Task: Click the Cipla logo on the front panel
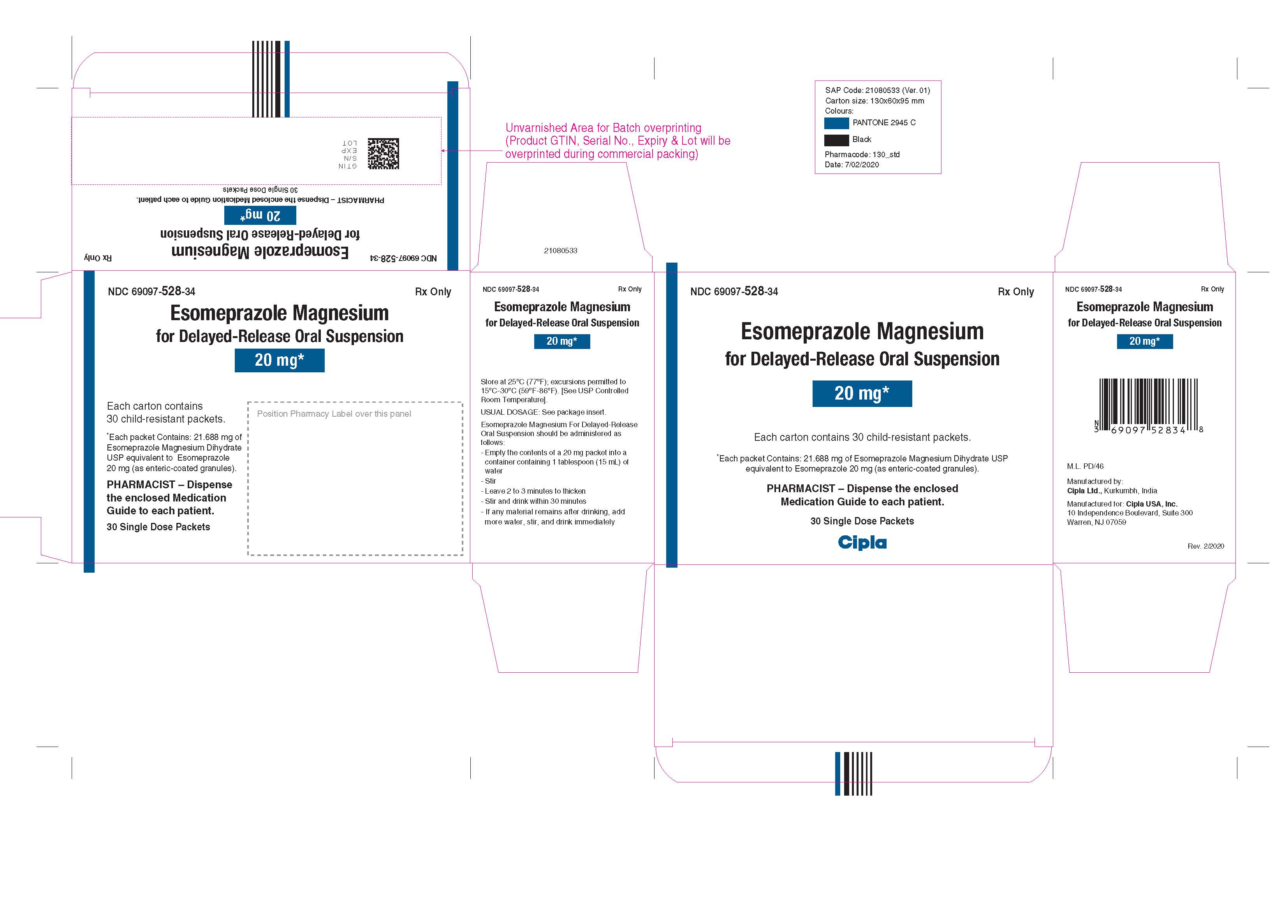tap(862, 542)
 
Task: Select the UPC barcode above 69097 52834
tap(1148, 402)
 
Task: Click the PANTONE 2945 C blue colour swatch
tap(836, 123)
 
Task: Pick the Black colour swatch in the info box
tap(836, 140)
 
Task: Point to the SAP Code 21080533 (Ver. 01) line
tap(877, 90)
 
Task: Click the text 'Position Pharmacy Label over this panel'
tap(334, 414)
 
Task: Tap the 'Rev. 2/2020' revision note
tap(1205, 546)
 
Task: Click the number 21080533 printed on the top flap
tap(560, 251)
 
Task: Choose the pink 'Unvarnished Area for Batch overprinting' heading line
tap(603, 128)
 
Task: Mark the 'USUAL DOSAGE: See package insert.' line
tap(543, 412)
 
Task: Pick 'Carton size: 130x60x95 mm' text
tap(874, 101)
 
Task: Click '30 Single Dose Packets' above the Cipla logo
tap(862, 521)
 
